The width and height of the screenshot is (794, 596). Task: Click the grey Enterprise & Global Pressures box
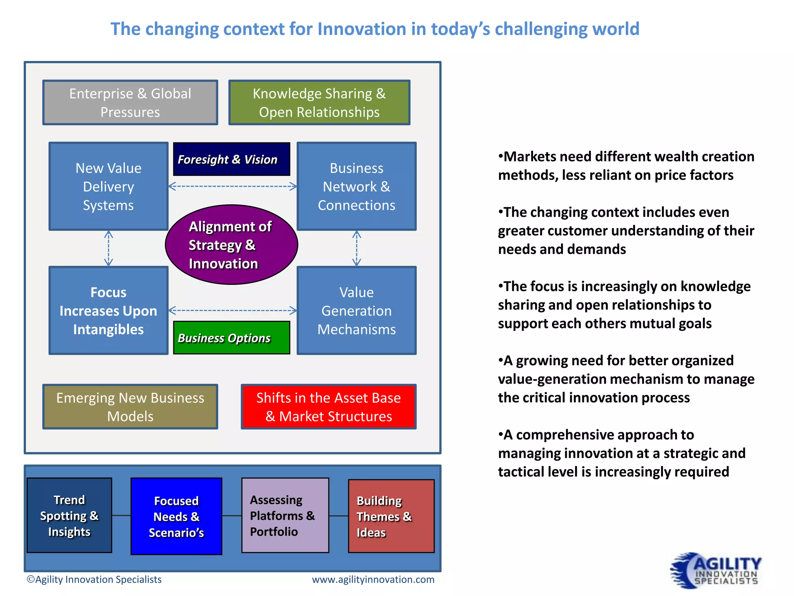pyautogui.click(x=130, y=102)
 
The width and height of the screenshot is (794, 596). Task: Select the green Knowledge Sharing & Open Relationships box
pyautogui.click(x=319, y=102)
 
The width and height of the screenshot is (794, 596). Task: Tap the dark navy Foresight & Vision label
pyautogui.click(x=231, y=159)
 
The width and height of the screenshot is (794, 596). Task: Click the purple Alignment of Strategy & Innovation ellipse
pyautogui.click(x=231, y=245)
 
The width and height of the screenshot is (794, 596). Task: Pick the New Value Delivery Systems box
pyautogui.click(x=109, y=186)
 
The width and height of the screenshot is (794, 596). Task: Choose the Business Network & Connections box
pyautogui.click(x=356, y=186)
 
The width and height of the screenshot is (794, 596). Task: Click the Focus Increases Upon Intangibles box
pyautogui.click(x=109, y=310)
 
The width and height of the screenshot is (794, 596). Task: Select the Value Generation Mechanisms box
pyautogui.click(x=356, y=310)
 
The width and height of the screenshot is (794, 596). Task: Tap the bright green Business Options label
pyautogui.click(x=231, y=338)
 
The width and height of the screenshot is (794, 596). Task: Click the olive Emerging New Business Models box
pyautogui.click(x=130, y=407)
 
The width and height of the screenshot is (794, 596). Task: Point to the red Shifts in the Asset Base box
pyautogui.click(x=328, y=407)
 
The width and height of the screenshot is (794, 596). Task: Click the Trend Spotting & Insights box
pyautogui.click(x=69, y=515)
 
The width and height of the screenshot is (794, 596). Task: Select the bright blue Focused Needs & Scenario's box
pyautogui.click(x=176, y=516)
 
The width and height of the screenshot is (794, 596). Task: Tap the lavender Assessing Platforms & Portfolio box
pyautogui.click(x=285, y=515)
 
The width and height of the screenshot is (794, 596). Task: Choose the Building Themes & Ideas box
pyautogui.click(x=391, y=516)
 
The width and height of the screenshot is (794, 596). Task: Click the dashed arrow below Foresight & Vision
pyautogui.click(x=233, y=187)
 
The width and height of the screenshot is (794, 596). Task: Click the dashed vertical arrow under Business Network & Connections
pyautogui.click(x=357, y=248)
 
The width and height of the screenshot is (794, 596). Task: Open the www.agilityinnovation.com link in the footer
pyautogui.click(x=373, y=579)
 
